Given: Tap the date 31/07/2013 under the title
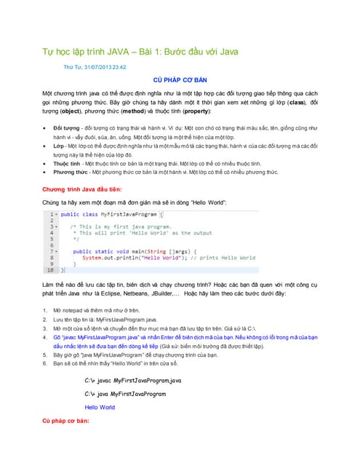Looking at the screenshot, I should click(103, 67).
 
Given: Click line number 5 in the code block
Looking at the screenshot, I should click(52, 239).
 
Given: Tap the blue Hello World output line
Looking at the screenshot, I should click(100, 408).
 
